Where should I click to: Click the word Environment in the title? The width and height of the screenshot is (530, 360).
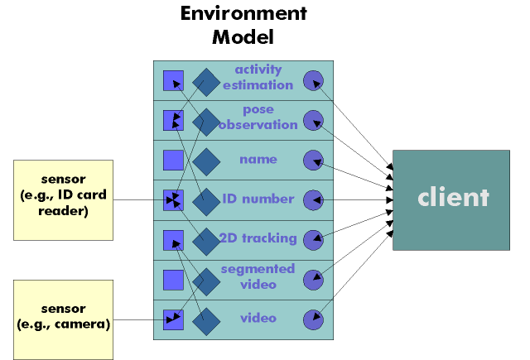(x=243, y=14)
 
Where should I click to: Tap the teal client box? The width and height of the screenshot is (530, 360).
(x=451, y=199)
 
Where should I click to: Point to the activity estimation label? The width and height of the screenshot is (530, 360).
(x=258, y=77)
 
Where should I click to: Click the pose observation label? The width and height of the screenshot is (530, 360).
(x=258, y=117)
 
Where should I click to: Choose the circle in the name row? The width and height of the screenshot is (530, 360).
(x=313, y=160)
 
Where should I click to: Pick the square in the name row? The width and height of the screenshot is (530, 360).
(x=173, y=160)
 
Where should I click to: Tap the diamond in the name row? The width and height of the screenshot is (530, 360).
(x=206, y=160)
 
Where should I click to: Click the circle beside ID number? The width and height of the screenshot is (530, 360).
(x=313, y=199)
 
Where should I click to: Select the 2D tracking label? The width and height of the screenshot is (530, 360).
(x=258, y=238)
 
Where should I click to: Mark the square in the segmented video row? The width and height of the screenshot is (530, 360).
(x=173, y=279)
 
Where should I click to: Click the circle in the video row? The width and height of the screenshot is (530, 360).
(x=313, y=319)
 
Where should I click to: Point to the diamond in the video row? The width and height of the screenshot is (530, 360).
(x=206, y=319)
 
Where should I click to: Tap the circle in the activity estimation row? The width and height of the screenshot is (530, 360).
(x=313, y=80)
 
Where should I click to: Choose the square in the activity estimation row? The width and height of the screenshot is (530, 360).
(x=173, y=80)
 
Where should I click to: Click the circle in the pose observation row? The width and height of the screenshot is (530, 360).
(x=313, y=120)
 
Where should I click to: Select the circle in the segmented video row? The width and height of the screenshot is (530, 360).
(x=313, y=279)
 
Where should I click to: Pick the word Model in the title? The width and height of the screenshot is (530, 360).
(x=243, y=36)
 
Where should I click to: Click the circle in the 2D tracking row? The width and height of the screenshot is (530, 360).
(x=313, y=239)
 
